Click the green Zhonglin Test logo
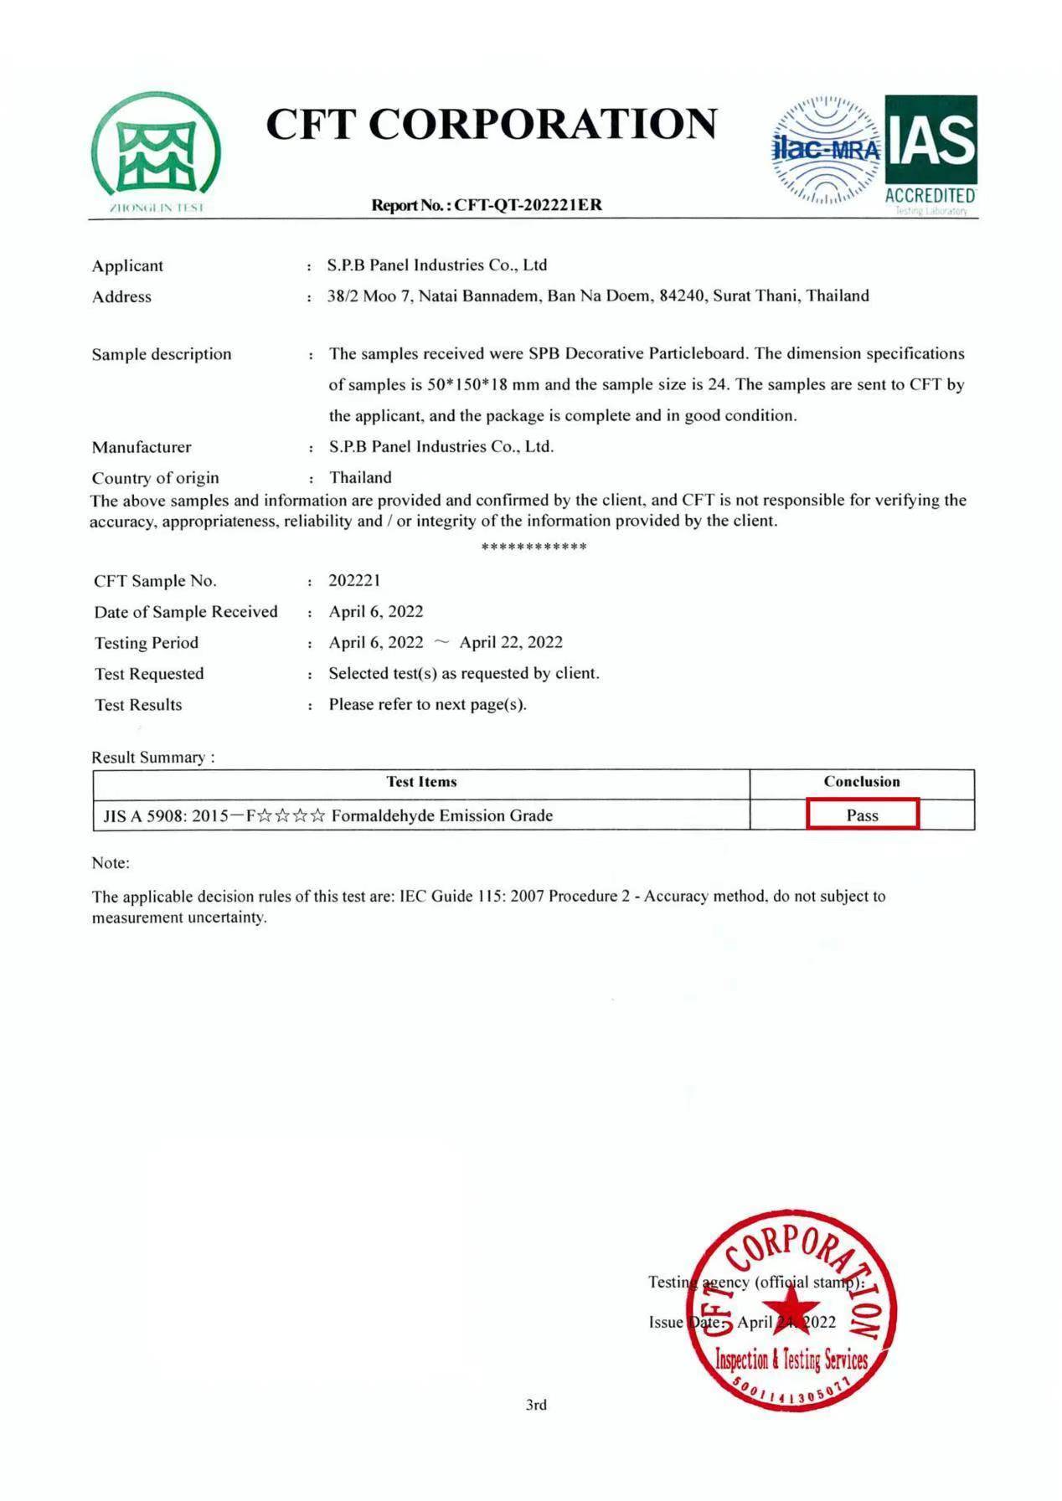(156, 152)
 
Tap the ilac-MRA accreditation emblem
(826, 152)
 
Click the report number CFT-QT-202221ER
(528, 205)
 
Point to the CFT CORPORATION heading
(492, 124)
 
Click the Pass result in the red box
(862, 815)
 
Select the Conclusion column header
(861, 782)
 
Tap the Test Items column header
(421, 782)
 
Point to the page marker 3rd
(536, 1405)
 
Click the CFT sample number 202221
(354, 580)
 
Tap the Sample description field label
(162, 354)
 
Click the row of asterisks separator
(534, 547)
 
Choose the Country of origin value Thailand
(360, 477)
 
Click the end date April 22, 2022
(511, 642)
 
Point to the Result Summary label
(152, 757)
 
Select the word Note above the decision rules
(111, 863)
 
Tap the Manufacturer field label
(142, 447)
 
